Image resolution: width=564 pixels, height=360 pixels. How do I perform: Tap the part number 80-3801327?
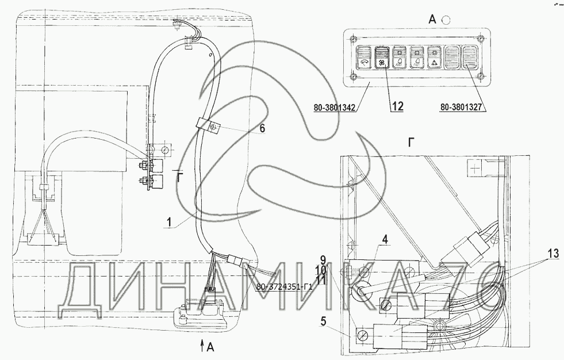(x=464, y=106)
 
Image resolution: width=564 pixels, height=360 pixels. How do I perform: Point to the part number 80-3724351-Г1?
(x=283, y=287)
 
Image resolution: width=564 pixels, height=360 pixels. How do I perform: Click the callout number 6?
(x=262, y=129)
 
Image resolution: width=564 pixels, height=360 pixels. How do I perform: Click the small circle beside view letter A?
(x=446, y=20)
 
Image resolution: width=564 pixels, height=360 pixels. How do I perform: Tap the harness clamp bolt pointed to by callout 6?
(x=213, y=127)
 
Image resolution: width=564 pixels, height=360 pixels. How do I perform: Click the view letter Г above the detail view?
(x=411, y=143)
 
